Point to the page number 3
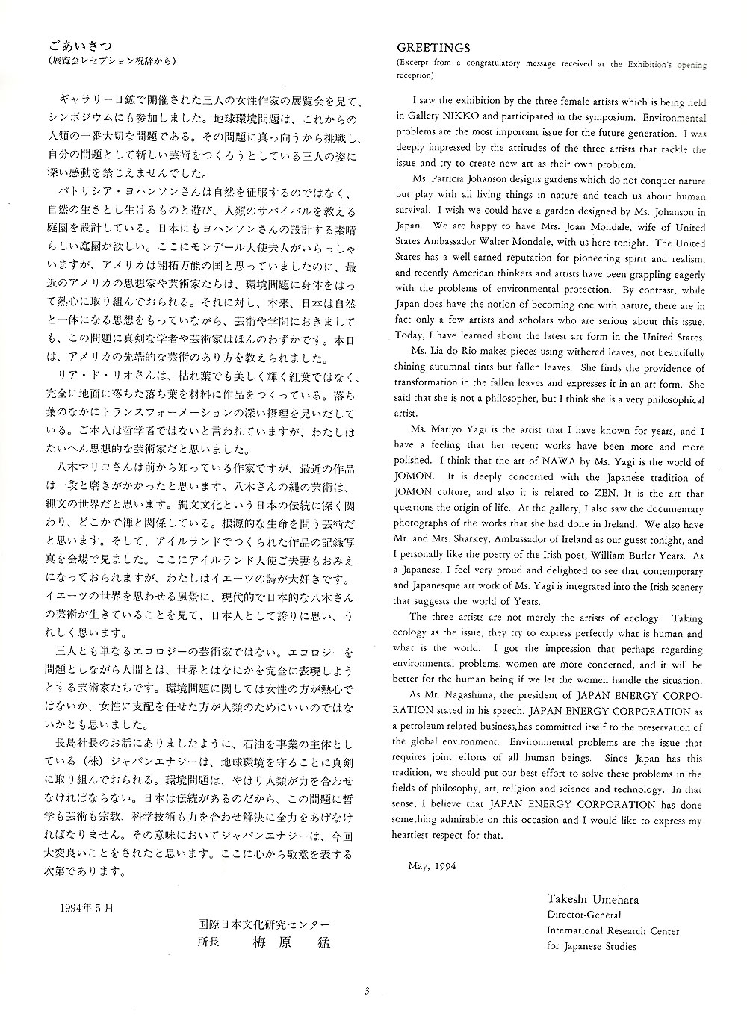[367, 992]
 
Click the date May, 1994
[432, 866]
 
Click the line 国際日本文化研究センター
[264, 924]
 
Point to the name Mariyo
[447, 431]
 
